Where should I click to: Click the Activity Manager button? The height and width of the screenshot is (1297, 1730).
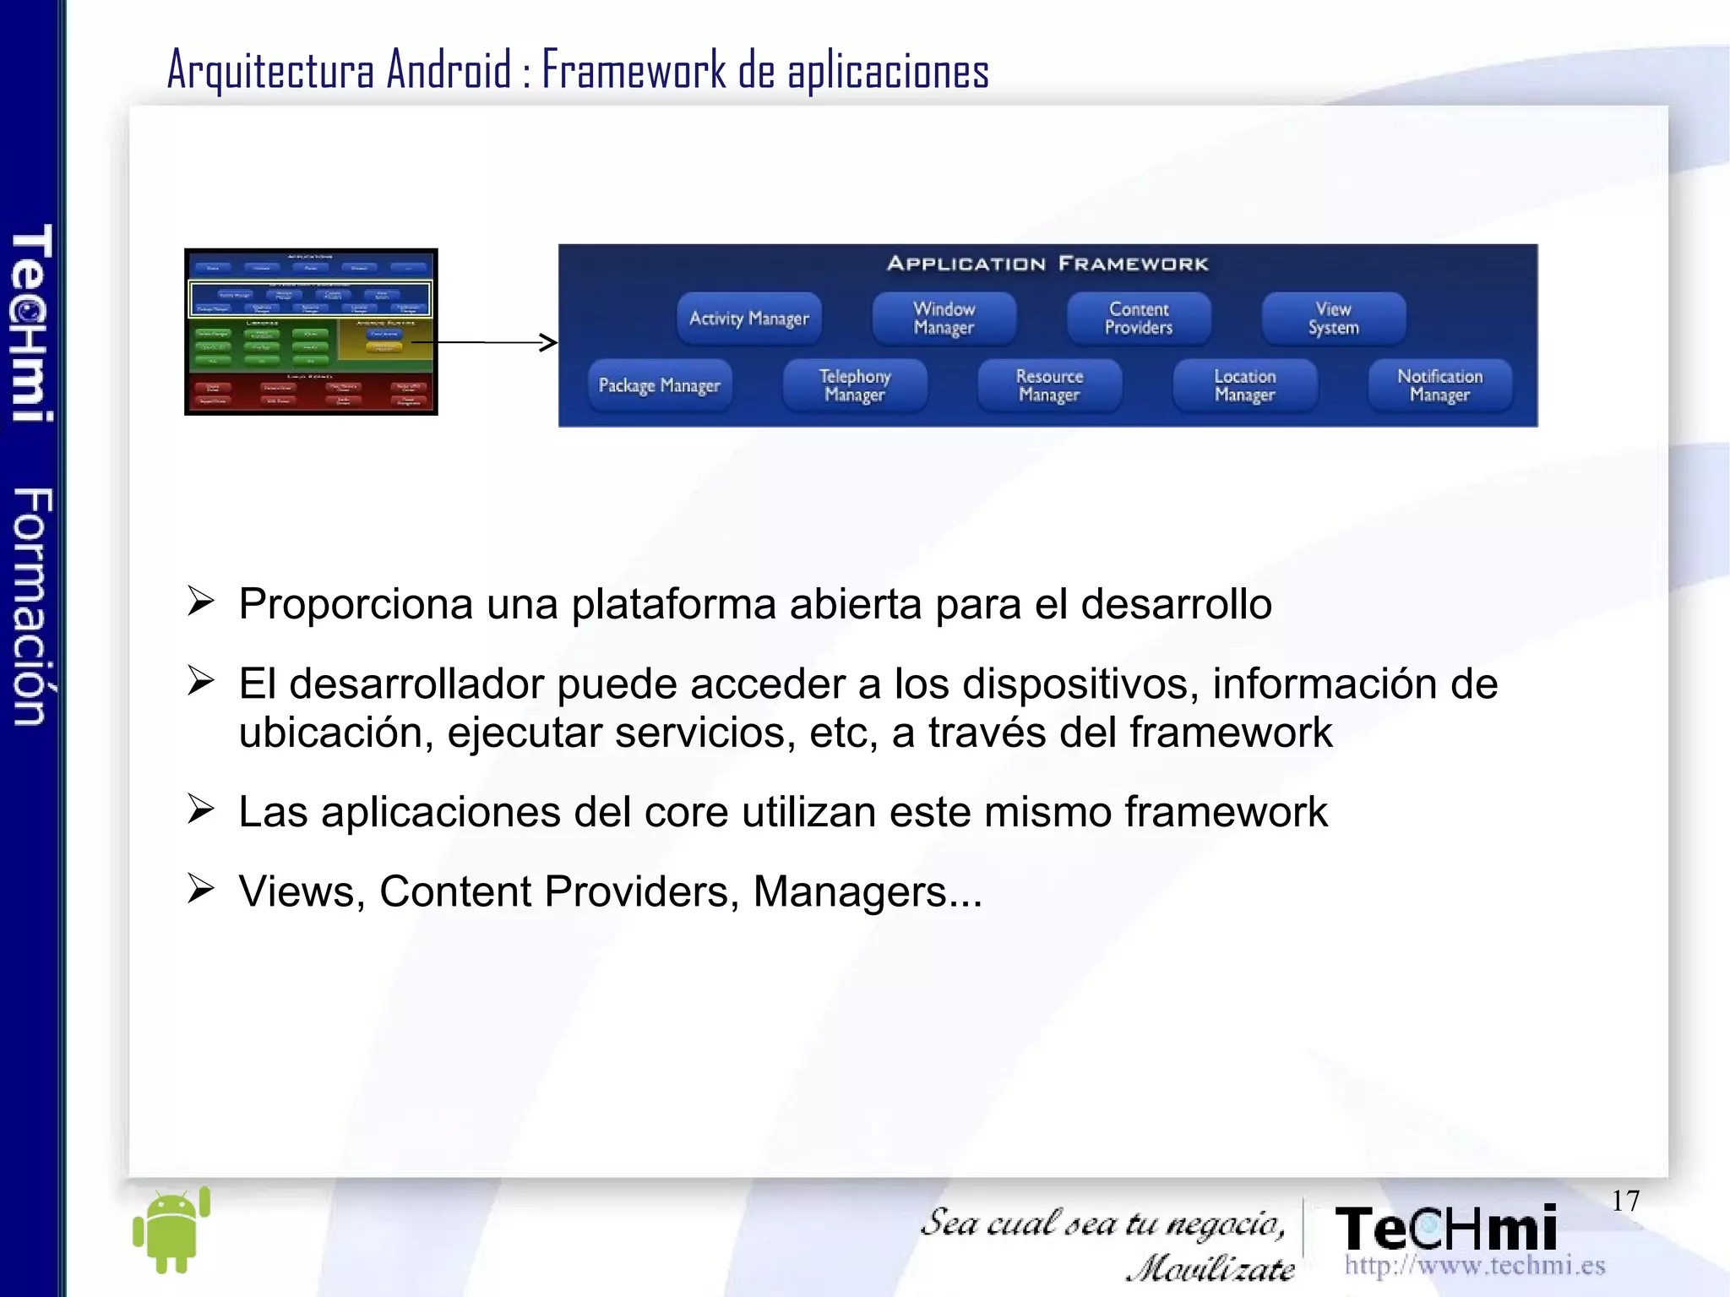748,319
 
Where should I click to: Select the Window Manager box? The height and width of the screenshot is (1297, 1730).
944,319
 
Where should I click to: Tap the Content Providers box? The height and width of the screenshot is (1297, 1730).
1138,319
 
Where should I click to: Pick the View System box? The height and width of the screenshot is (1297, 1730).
1333,319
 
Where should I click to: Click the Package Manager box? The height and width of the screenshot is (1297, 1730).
659,385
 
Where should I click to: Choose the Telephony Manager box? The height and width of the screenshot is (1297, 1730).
854,385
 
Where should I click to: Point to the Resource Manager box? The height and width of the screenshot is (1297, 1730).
1049,385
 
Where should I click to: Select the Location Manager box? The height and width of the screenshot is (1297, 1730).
1244,385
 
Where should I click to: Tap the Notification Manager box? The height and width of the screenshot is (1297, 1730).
1439,385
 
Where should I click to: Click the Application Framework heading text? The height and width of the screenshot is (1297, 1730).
1047,264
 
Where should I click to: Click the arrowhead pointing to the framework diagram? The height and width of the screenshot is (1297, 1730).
549,342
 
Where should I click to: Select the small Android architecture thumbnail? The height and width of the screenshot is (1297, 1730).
311,331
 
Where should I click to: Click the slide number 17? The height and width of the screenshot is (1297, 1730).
1624,1201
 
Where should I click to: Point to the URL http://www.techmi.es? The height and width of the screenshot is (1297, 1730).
1474,1265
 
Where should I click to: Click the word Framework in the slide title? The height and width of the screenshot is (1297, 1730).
634,70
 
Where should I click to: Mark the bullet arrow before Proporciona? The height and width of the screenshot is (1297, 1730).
200,602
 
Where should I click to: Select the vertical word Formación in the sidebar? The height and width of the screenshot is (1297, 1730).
32,606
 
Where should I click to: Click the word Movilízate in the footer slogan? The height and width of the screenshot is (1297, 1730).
1210,1268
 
